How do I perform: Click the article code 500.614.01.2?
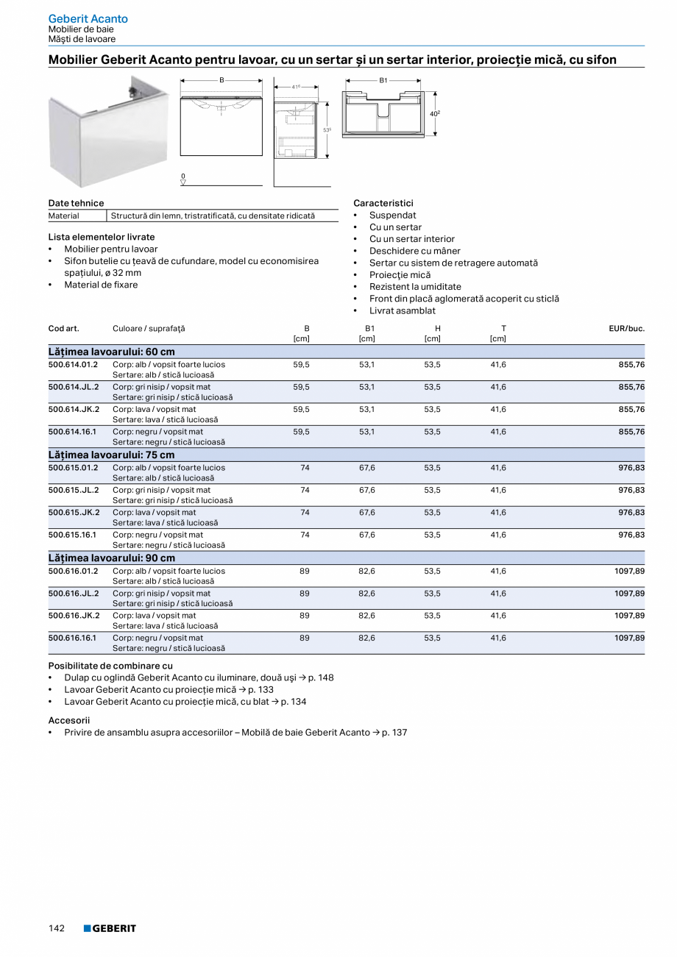point(73,365)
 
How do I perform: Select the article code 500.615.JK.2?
point(74,513)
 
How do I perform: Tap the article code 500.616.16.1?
point(72,638)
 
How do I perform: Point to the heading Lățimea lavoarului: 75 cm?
point(112,455)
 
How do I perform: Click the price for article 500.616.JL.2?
point(629,594)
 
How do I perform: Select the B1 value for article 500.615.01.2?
point(366,468)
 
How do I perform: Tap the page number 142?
point(57,928)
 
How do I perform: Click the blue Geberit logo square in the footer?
point(87,928)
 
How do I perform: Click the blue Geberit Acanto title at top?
point(88,18)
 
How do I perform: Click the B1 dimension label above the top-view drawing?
point(383,79)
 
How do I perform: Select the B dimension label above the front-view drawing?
point(221,79)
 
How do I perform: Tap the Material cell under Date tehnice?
point(64,216)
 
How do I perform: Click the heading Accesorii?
point(69,721)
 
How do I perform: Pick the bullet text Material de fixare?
point(101,285)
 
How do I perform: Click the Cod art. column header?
point(64,329)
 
